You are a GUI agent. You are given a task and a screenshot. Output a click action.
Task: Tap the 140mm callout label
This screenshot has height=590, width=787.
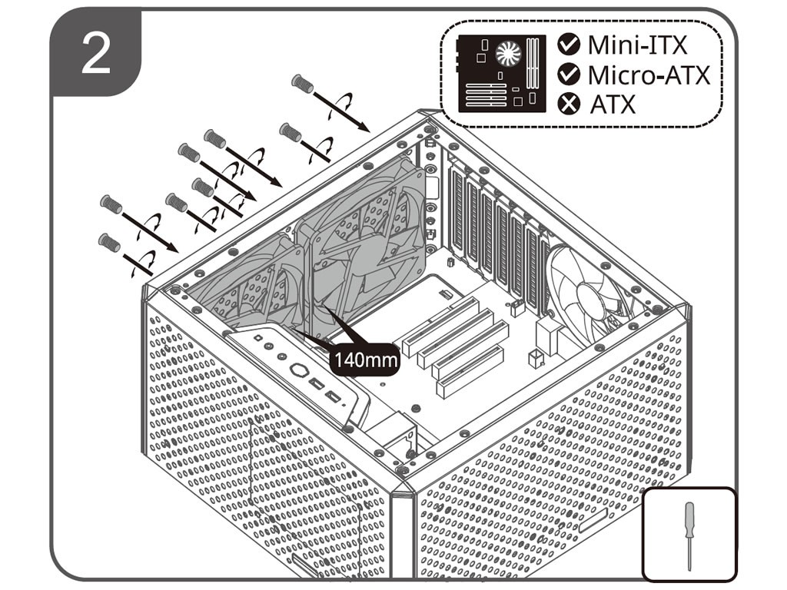tap(364, 359)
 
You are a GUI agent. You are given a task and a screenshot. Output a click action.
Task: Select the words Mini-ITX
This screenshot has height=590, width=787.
tap(637, 45)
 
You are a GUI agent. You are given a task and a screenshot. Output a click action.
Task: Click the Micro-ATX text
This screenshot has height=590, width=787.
tap(649, 75)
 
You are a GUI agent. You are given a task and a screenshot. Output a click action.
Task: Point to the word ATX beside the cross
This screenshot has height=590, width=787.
tap(613, 104)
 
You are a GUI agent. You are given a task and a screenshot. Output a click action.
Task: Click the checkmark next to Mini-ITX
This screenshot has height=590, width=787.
tap(569, 45)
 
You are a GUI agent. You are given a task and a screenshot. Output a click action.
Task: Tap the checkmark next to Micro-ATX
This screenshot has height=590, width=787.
tap(569, 75)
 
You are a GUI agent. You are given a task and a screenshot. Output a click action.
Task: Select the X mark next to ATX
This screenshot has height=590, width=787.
tap(569, 104)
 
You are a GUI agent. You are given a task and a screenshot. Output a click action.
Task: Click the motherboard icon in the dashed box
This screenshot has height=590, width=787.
tap(500, 74)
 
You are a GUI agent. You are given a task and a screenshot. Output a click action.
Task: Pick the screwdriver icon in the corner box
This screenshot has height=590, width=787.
tap(689, 535)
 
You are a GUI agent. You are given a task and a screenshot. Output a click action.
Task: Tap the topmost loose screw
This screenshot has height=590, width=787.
tap(303, 83)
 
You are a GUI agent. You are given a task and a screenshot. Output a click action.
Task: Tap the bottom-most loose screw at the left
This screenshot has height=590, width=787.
tap(108, 243)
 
